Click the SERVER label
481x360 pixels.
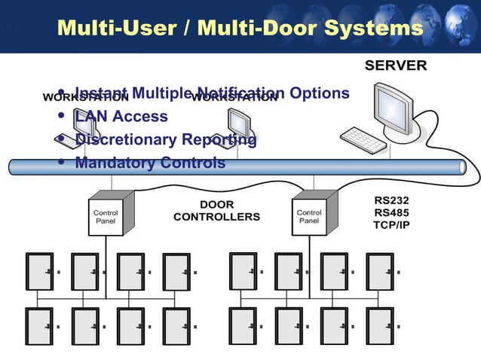(395, 66)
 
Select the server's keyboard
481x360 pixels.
(363, 139)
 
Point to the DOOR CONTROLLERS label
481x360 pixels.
(216, 211)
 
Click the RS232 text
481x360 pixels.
(391, 201)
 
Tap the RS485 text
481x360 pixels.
(391, 213)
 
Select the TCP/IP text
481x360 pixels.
(391, 225)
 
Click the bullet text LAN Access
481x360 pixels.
(121, 117)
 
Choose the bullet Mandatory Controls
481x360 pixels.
(149, 163)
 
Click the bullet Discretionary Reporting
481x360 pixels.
(165, 140)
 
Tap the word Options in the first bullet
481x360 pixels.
(320, 93)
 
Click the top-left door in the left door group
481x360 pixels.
(38, 271)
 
